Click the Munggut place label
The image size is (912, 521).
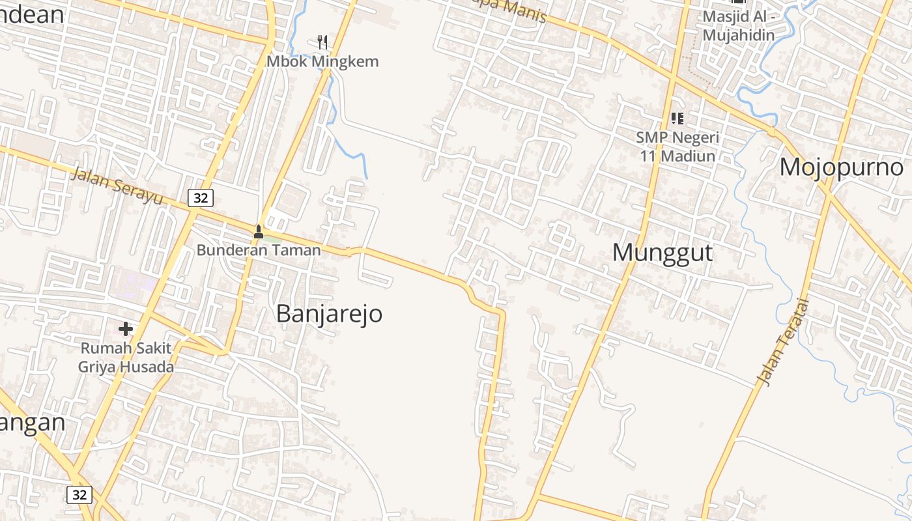click(663, 253)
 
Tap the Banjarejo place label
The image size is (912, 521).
click(329, 314)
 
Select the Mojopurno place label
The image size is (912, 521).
click(841, 167)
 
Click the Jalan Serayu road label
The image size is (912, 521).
click(117, 186)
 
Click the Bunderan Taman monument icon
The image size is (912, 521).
click(258, 231)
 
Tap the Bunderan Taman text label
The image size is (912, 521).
click(259, 250)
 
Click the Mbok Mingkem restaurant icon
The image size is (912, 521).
click(322, 43)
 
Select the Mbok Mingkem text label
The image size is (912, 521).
click(322, 62)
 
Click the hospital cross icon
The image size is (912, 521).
click(126, 329)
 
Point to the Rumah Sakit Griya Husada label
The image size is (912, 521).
click(126, 358)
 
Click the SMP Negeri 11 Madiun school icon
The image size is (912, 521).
click(677, 119)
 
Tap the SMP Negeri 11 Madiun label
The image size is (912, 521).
click(677, 147)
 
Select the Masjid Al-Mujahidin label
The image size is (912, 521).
click(738, 26)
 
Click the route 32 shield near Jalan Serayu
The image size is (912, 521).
click(200, 198)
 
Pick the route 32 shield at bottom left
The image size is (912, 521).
click(79, 495)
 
